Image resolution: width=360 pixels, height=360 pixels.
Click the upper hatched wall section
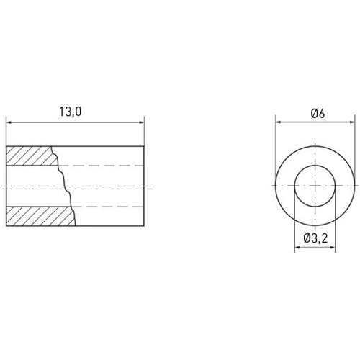point(29,155)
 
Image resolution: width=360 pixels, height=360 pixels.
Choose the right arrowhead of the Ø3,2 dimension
point(336,248)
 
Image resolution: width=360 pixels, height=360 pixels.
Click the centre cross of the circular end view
point(317,185)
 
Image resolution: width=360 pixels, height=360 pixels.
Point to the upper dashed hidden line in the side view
point(108,165)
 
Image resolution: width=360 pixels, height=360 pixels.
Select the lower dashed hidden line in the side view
point(108,207)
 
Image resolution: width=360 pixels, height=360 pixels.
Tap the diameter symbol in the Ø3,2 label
point(307,238)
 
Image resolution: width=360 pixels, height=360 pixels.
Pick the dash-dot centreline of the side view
point(108,186)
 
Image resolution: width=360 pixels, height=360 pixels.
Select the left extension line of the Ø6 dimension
point(276,144)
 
